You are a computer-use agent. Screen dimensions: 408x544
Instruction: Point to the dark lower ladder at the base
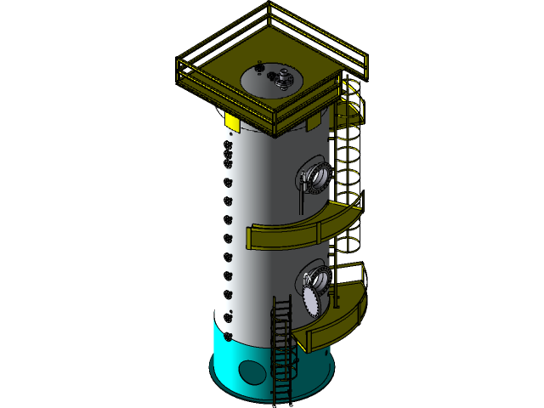pyautogui.click(x=282, y=348)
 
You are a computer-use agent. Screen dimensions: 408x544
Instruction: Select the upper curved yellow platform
pyautogui.click(x=297, y=232)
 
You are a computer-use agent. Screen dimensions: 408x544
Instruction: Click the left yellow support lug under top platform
pyautogui.click(x=232, y=124)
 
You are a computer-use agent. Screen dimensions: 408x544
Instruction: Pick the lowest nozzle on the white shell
pyautogui.click(x=228, y=316)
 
